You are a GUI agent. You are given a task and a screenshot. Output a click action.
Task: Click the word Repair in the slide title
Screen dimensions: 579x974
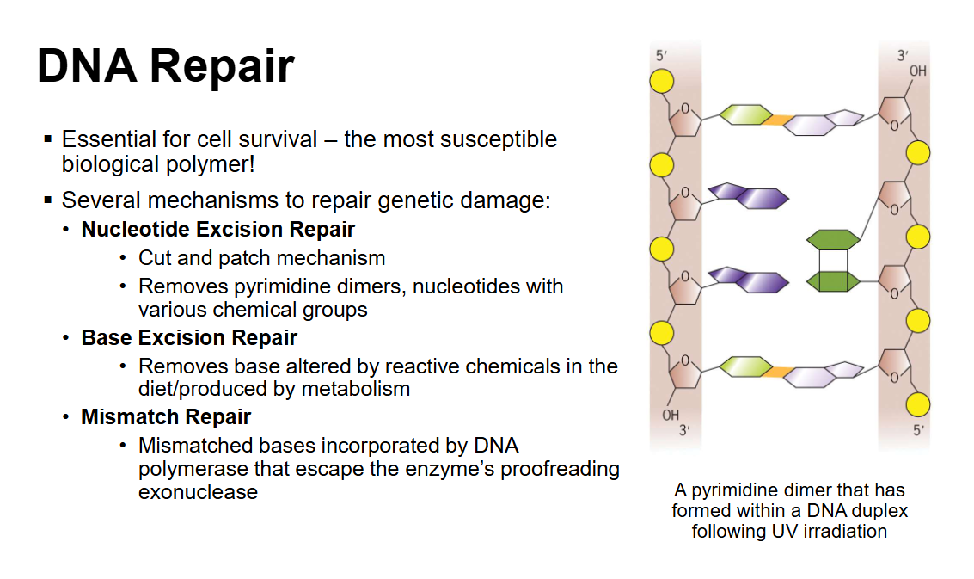227,66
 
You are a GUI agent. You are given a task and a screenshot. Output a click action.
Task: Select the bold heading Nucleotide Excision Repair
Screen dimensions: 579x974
217,230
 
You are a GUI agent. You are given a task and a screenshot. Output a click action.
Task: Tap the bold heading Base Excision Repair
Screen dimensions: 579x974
189,337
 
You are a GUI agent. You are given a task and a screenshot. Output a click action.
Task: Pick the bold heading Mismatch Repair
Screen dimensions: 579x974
166,417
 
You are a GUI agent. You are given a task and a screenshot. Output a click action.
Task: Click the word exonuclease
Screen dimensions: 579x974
198,492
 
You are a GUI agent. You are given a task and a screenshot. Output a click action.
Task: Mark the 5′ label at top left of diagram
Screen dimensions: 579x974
661,56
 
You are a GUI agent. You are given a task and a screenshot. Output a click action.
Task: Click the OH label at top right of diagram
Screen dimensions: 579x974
917,71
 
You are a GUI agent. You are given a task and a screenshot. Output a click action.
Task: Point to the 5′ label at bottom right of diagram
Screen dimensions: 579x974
920,430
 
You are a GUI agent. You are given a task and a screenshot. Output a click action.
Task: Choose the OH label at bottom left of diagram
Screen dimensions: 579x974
671,415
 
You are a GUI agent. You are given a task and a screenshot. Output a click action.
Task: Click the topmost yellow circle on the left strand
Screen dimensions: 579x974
661,81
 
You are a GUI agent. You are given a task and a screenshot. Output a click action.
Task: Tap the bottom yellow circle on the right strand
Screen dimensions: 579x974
918,403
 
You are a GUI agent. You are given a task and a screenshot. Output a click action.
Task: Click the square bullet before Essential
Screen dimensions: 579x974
48,139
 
